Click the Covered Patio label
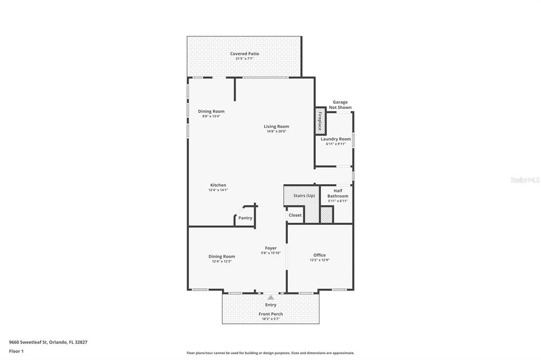click(244, 54)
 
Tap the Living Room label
click(276, 127)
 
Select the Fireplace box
click(321, 121)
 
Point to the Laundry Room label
click(335, 139)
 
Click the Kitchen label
click(218, 185)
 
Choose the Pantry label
click(245, 218)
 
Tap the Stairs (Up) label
click(304, 195)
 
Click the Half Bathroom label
click(338, 193)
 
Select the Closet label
click(295, 215)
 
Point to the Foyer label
click(271, 248)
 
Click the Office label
click(320, 255)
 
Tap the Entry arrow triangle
click(271, 298)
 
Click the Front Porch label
click(271, 314)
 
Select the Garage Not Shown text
click(340, 105)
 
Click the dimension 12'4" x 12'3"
click(221, 261)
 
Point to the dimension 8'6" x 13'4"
click(211, 116)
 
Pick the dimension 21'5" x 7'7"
click(245, 59)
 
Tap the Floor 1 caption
click(16, 352)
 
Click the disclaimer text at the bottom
click(270, 353)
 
